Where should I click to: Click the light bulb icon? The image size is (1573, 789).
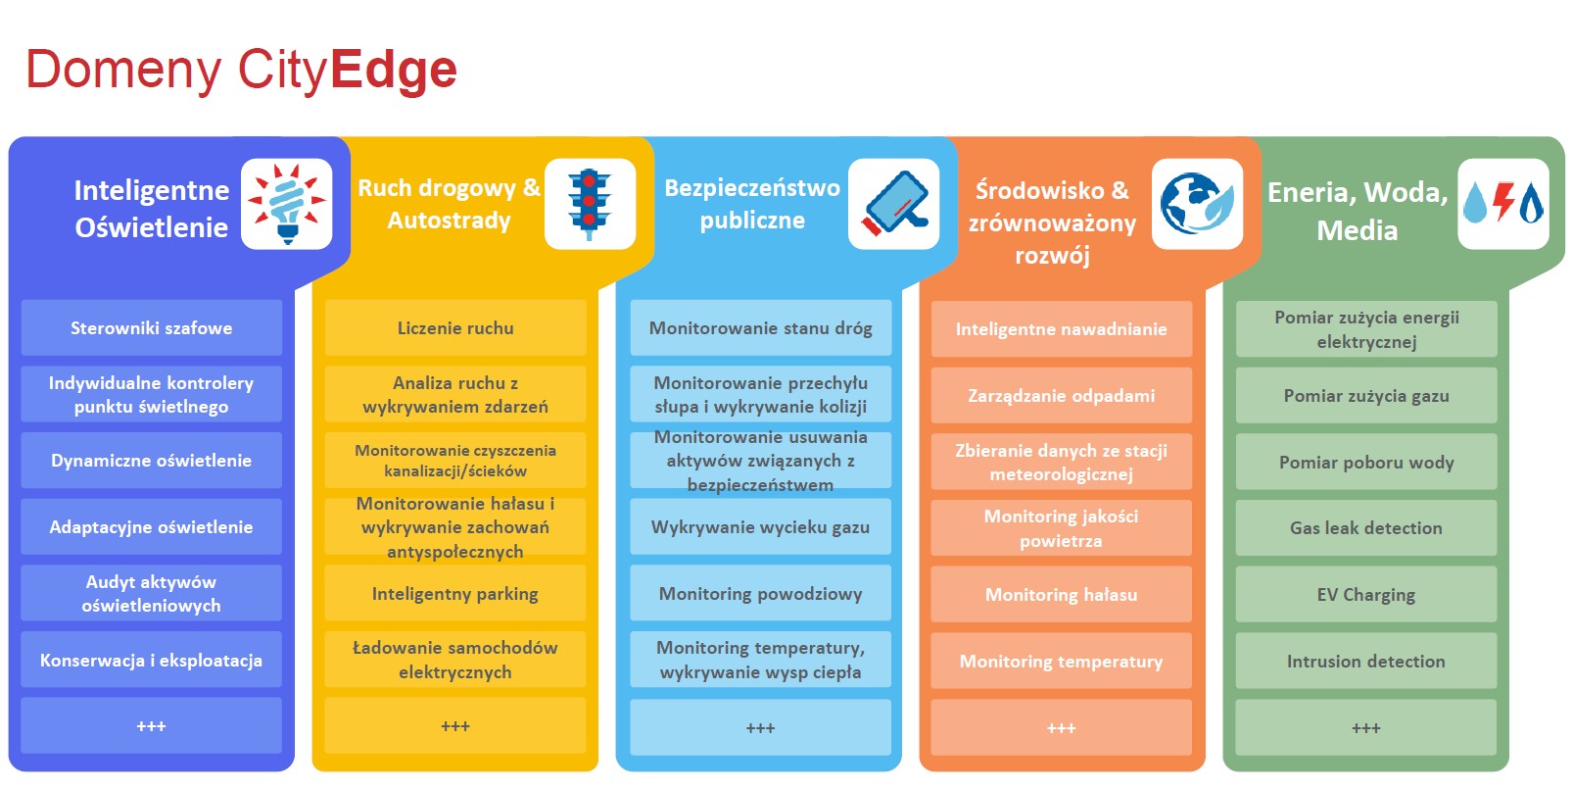click(287, 204)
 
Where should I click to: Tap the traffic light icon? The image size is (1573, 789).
click(590, 204)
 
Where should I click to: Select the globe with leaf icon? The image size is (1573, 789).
click(1197, 204)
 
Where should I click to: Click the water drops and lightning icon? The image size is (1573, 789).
click(1503, 204)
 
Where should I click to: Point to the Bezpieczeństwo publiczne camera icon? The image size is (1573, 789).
click(894, 204)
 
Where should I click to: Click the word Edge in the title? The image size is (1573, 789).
click(394, 71)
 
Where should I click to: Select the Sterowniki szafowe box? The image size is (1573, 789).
click(152, 328)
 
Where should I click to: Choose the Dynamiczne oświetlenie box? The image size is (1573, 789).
click(152, 461)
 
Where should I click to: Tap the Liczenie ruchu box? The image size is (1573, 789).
click(455, 328)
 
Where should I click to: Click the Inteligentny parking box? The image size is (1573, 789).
click(455, 594)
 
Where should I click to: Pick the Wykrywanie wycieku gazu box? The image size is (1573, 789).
click(760, 527)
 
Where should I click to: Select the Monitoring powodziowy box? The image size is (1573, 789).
click(760, 594)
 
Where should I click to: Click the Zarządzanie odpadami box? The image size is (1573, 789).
click(1061, 396)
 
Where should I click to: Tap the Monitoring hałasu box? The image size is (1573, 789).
click(1061, 594)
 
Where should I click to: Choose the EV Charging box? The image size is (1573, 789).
click(1366, 594)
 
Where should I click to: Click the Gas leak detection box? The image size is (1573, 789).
click(1366, 527)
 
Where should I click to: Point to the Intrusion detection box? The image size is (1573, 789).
click(1366, 661)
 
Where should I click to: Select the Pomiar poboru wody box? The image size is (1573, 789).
click(1366, 462)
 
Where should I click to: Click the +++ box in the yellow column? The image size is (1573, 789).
click(455, 725)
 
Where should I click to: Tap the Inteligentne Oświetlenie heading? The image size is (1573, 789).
click(152, 209)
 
